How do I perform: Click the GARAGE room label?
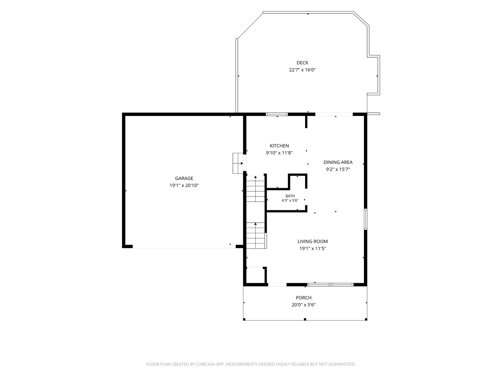(x=184, y=178)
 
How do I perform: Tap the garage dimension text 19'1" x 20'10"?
(x=184, y=185)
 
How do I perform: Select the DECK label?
(x=302, y=63)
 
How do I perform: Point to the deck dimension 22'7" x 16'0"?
(x=302, y=70)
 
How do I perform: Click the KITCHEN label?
(x=279, y=146)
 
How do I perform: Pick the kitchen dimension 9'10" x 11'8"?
(x=279, y=153)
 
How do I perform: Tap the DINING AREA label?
(x=338, y=162)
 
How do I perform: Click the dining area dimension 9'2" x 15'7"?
(x=338, y=169)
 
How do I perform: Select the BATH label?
(x=290, y=196)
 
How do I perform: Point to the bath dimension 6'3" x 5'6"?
(x=290, y=201)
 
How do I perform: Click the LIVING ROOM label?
(x=313, y=241)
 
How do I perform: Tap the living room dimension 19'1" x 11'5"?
(x=313, y=248)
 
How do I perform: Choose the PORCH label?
(x=304, y=297)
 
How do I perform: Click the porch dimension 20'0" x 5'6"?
(x=304, y=305)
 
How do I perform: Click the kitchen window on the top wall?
(x=277, y=114)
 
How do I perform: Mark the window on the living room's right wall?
(x=365, y=219)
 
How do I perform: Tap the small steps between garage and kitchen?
(x=238, y=163)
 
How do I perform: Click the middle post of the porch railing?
(x=305, y=319)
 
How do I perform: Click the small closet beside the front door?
(x=255, y=275)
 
